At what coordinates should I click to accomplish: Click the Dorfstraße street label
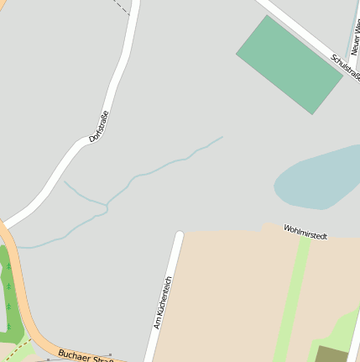(99, 126)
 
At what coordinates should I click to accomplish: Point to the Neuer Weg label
(355, 38)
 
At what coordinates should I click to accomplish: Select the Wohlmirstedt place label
(305, 232)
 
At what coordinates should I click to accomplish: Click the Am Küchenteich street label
(163, 302)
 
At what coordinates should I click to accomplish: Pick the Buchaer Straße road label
(86, 355)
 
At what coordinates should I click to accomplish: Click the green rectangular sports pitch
(289, 64)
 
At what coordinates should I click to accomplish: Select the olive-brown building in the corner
(331, 354)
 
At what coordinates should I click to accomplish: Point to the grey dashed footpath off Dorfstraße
(123, 8)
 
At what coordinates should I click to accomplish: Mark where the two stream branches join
(107, 205)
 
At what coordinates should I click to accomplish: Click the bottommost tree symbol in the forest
(8, 307)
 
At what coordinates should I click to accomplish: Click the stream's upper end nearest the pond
(222, 137)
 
